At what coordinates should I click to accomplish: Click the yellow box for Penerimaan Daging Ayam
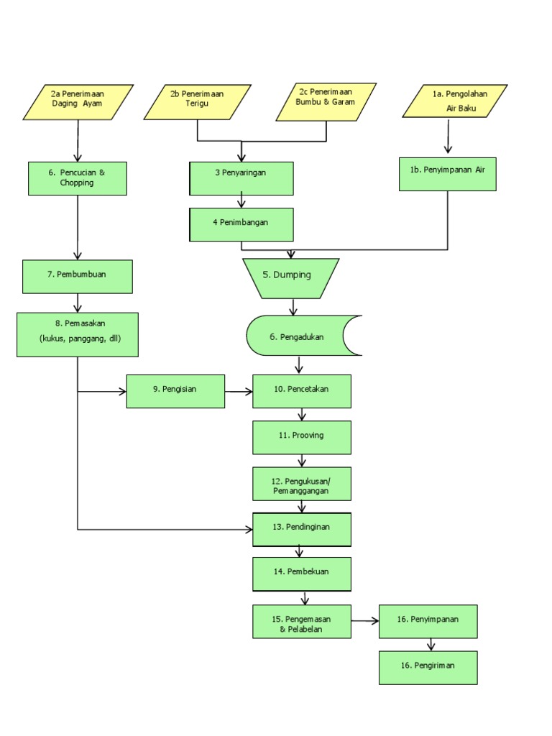78,102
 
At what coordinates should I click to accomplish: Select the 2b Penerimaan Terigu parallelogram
198,102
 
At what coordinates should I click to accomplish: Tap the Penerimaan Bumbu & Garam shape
326,102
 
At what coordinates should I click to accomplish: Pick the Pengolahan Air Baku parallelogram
455,101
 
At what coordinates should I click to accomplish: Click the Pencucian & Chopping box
78,178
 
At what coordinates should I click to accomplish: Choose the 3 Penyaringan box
241,178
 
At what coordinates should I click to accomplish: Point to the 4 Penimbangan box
241,225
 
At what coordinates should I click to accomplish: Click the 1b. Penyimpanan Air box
447,174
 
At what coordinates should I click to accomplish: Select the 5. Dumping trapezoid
291,278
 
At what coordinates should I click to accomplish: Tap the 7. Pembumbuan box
78,277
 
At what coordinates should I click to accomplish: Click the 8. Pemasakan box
78,335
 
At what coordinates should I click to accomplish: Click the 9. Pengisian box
175,391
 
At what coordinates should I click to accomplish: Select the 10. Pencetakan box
302,391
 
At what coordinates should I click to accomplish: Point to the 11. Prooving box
302,438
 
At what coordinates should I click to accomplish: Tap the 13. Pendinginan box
302,530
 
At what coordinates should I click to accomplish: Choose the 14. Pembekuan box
302,574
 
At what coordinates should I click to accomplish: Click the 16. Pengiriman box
428,668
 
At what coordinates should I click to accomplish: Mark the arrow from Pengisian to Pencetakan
239,392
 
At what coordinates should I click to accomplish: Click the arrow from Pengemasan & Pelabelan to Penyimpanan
365,621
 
